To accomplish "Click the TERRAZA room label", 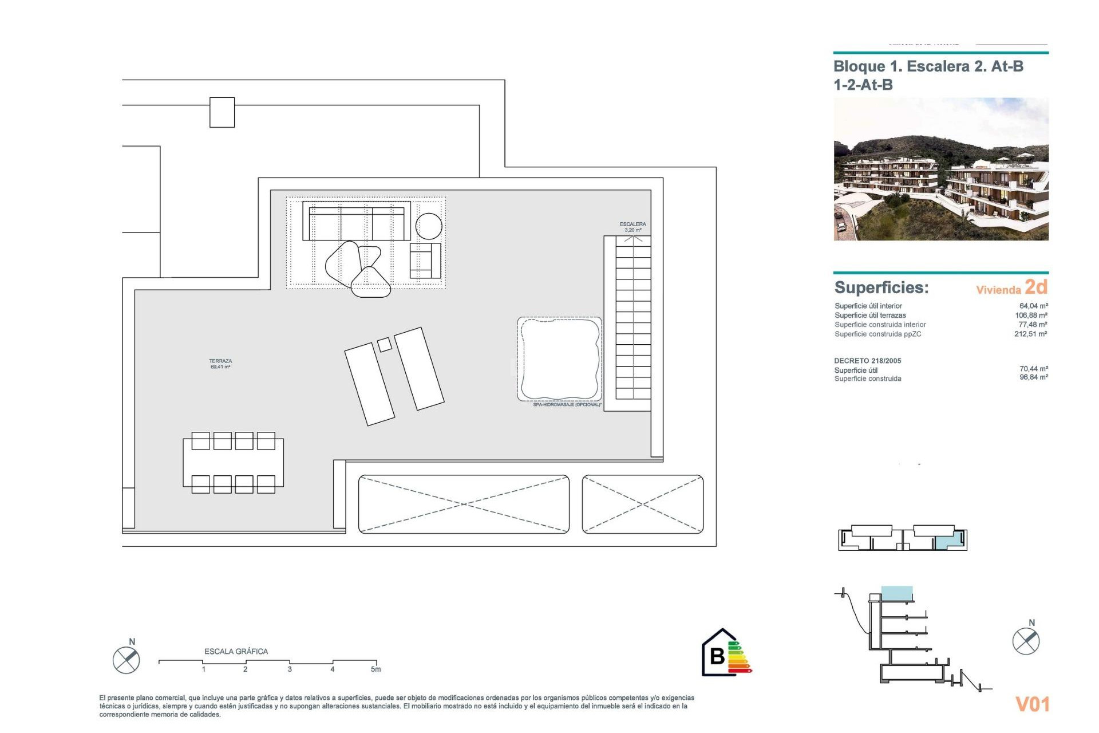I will (220, 362).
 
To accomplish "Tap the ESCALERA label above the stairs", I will (632, 224).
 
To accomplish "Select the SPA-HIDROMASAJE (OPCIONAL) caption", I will (567, 405).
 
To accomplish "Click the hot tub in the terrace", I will (560, 359).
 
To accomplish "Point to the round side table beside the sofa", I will (429, 226).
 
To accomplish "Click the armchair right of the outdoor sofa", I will (425, 261).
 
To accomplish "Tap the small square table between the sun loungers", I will (385, 345).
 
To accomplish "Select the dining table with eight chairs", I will (233, 462).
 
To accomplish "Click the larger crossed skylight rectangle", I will (464, 505).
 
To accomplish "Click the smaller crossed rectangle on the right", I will (643, 505).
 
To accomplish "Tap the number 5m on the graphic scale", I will (375, 669).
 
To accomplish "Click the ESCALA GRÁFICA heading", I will (236, 652).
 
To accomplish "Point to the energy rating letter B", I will (717, 656).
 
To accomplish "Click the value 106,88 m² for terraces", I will (1031, 316).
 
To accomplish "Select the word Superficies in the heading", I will (881, 287).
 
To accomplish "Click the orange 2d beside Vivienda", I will (1036, 286).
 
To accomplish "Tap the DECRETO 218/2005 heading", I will (867, 361).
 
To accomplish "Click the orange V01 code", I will (1032, 704).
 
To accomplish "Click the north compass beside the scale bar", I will (126, 660).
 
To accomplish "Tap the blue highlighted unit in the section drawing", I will (896, 593).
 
